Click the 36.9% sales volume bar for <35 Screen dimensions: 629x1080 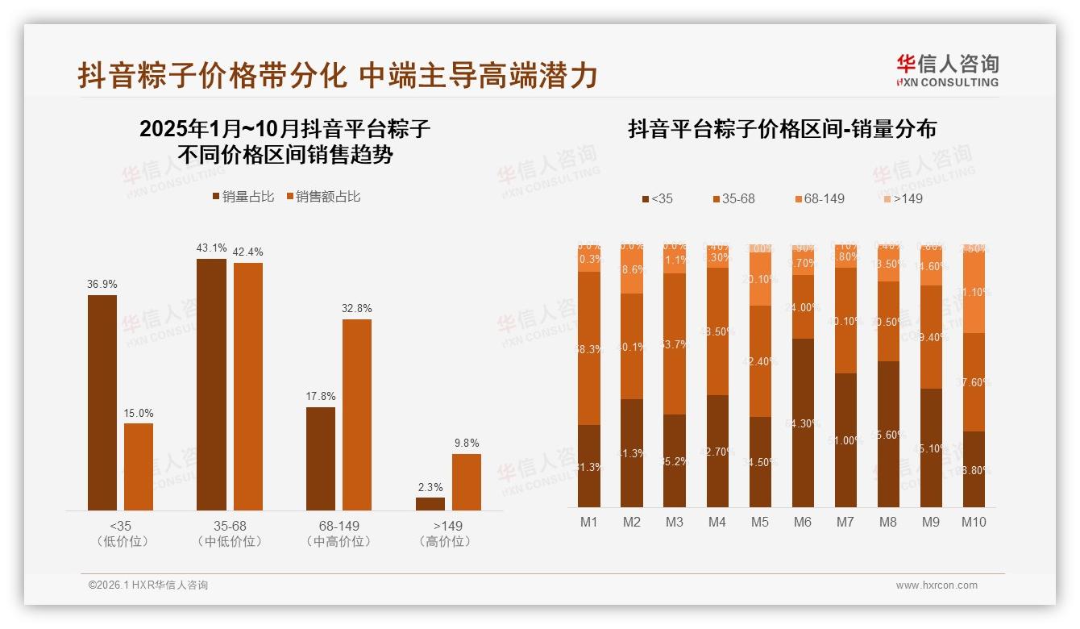(x=102, y=402)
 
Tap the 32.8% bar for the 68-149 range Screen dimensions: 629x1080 (x=357, y=414)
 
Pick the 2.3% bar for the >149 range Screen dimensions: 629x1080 (x=430, y=503)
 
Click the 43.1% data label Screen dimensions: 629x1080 (x=211, y=248)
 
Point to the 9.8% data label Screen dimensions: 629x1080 (x=466, y=443)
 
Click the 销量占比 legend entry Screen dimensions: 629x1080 (x=243, y=197)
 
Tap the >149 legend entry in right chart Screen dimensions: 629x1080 (x=900, y=198)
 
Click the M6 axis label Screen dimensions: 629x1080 (x=802, y=523)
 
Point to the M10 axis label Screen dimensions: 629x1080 (x=974, y=523)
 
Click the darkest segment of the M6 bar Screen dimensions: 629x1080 (x=803, y=423)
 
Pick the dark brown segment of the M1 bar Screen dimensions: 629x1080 (x=589, y=465)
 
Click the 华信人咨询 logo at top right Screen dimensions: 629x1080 (x=947, y=70)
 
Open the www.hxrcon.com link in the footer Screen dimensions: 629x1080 (x=937, y=585)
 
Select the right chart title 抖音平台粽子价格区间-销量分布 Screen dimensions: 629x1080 (x=782, y=129)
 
